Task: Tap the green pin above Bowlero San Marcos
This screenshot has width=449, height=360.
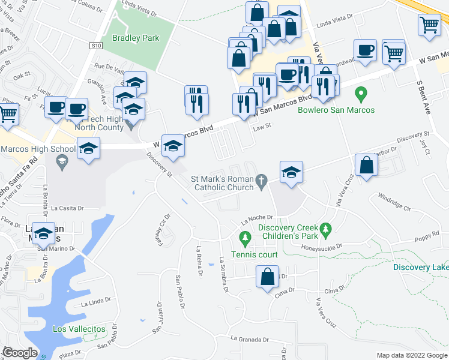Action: pyautogui.click(x=361, y=94)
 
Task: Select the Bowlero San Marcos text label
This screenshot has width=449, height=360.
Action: pyautogui.click(x=336, y=110)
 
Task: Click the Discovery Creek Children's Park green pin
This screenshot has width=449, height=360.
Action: pyautogui.click(x=326, y=229)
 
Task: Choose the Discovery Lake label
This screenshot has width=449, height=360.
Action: pyautogui.click(x=421, y=267)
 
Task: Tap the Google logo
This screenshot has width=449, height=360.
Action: pyautogui.click(x=20, y=353)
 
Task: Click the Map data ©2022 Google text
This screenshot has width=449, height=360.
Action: pyautogui.click(x=411, y=355)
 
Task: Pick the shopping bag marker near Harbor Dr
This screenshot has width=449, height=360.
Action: pyautogui.click(x=366, y=165)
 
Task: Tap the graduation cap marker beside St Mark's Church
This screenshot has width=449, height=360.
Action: pyautogui.click(x=291, y=172)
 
